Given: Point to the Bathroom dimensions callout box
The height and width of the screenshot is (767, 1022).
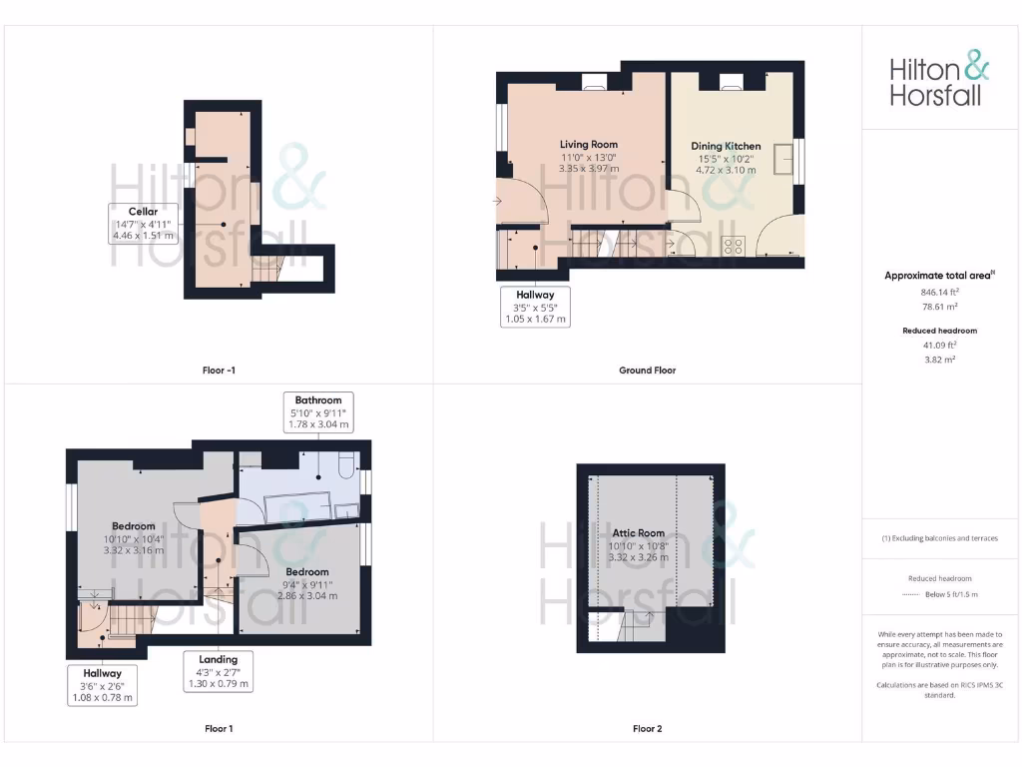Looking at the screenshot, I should pyautogui.click(x=318, y=412).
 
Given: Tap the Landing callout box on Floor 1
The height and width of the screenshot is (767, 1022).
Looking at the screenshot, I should pyautogui.click(x=218, y=671).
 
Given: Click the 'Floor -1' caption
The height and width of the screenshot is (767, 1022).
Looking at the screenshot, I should pyautogui.click(x=219, y=371).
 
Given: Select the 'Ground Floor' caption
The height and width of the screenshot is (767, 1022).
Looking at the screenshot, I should pyautogui.click(x=647, y=371).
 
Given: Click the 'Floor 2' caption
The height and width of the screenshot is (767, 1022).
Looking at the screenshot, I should pyautogui.click(x=647, y=729).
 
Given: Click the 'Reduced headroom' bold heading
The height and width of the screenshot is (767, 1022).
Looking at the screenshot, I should pyautogui.click(x=939, y=331).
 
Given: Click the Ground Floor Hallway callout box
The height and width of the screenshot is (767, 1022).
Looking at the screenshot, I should pyautogui.click(x=535, y=307).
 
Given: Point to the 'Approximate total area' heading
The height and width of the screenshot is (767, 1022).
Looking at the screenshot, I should pyautogui.click(x=939, y=276).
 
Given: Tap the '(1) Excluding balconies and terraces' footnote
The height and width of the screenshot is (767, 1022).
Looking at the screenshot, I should pyautogui.click(x=939, y=538).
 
